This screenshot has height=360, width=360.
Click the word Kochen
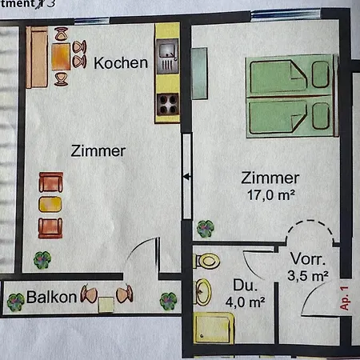[121, 62]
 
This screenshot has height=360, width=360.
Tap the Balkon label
[52, 297]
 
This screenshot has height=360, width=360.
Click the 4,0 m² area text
[245, 302]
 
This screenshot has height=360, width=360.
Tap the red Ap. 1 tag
[345, 298]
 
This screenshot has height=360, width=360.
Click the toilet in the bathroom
[206, 260]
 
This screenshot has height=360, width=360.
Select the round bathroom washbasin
[203, 293]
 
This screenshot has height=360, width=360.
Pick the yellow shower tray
[214, 328]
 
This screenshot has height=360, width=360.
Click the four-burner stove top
[167, 102]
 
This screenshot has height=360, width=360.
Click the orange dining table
[62, 56]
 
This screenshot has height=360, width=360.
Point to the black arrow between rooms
[186, 178]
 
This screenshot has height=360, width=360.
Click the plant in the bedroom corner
[206, 229]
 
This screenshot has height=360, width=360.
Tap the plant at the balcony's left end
[14, 302]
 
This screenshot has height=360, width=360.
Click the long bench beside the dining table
[36, 58]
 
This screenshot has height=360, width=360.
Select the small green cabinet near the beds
[199, 63]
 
